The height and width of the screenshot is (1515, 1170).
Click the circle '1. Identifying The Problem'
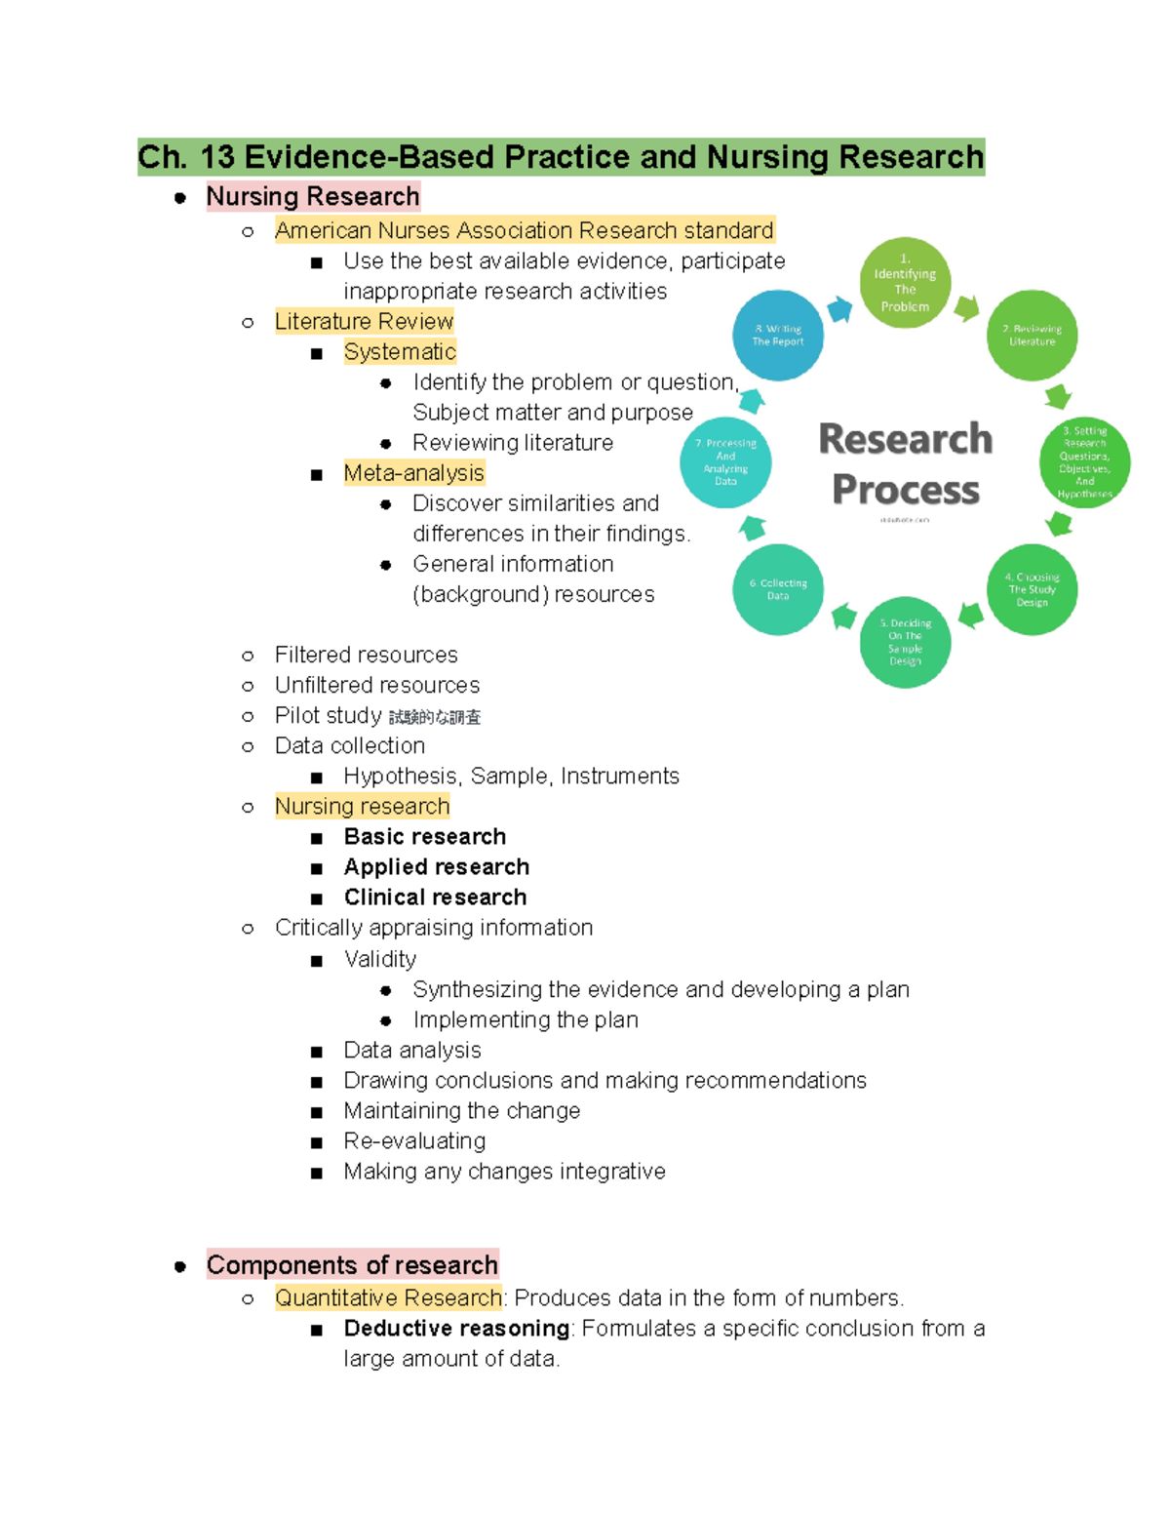click(905, 283)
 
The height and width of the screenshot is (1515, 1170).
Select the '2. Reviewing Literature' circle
click(1032, 336)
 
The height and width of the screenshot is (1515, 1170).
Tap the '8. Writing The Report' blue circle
click(778, 336)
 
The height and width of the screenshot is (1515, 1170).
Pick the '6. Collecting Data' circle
click(778, 589)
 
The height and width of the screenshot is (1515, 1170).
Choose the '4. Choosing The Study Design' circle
click(1032, 589)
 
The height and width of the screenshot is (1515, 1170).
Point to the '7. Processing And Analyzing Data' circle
click(725, 461)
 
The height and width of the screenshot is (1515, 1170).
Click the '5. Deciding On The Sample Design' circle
click(905, 642)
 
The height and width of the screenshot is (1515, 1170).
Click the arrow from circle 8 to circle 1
click(839, 310)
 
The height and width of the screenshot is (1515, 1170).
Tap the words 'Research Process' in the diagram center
click(905, 464)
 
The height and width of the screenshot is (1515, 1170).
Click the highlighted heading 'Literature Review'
click(364, 321)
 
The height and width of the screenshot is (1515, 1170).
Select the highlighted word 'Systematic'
click(400, 351)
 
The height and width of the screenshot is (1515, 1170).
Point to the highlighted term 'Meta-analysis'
click(413, 473)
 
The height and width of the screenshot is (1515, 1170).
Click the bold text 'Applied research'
click(436, 867)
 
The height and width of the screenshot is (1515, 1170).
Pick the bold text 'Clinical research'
click(435, 897)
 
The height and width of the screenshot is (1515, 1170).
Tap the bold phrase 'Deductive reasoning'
click(456, 1329)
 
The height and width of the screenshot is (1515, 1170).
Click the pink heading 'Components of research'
click(352, 1265)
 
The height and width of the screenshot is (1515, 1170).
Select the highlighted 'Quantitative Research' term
click(388, 1298)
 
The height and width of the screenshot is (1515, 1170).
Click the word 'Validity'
click(379, 959)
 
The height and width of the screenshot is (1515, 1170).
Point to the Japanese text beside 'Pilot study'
click(435, 718)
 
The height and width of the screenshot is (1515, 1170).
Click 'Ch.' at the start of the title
click(163, 157)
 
